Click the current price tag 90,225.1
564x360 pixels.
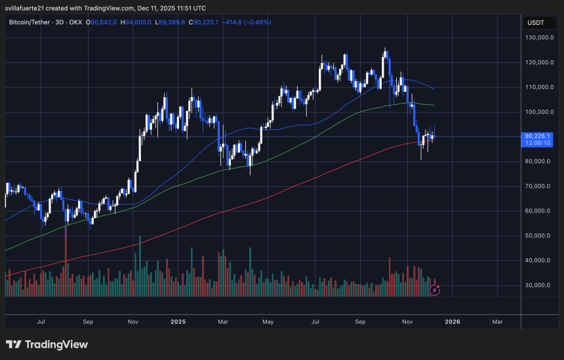(x=538, y=136)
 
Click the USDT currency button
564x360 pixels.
(x=536, y=23)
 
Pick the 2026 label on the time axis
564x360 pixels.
(x=453, y=322)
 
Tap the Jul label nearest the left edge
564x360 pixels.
(x=41, y=322)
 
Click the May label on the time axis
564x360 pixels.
(x=268, y=322)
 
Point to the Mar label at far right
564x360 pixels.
(x=497, y=322)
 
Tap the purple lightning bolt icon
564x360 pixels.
(x=433, y=289)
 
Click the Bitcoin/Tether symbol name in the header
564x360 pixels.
(x=32, y=22)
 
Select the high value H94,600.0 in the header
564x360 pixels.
(x=138, y=22)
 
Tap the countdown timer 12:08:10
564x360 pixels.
(x=538, y=143)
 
